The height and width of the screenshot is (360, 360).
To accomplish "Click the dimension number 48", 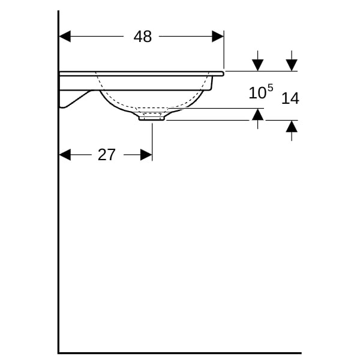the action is click(143, 37).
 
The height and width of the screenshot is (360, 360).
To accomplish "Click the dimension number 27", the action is click(106, 155).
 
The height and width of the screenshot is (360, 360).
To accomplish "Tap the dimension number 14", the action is click(290, 98).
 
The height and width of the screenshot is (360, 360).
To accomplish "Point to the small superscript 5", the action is click(271, 88).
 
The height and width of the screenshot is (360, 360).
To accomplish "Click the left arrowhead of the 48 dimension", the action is click(65, 36).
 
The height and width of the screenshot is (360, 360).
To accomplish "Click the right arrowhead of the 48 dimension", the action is click(218, 36).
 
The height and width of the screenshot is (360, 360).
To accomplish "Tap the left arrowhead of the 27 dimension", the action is click(65, 155).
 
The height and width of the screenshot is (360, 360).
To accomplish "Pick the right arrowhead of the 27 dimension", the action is click(146, 155).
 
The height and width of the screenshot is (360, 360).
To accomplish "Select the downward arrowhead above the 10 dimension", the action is click(257, 65).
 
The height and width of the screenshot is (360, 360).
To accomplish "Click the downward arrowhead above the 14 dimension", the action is click(292, 65).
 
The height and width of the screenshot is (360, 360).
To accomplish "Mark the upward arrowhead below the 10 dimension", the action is click(257, 115).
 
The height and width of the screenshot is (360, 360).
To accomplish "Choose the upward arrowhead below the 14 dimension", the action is click(292, 127).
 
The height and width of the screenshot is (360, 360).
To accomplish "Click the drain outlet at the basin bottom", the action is click(152, 118).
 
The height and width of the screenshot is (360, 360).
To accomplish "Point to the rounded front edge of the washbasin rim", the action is click(222, 74).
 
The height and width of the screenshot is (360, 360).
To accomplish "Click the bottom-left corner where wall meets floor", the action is click(59, 353).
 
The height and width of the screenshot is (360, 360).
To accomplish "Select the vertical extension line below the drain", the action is click(152, 142).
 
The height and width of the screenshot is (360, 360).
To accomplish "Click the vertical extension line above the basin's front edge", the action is click(224, 49).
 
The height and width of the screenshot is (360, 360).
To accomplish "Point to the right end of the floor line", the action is click(301, 353).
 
